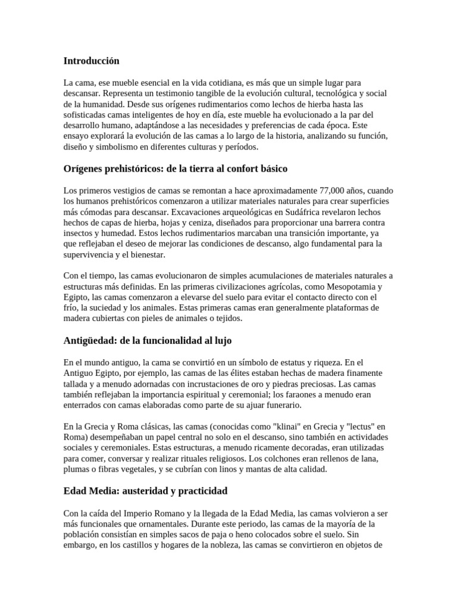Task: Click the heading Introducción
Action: pyautogui.click(x=91, y=61)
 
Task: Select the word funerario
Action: pyautogui.click(x=282, y=405)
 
